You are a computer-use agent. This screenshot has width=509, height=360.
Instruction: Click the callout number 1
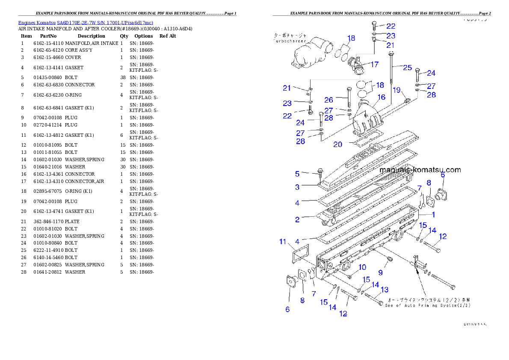(433, 215)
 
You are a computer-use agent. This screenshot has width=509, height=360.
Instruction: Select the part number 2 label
(297, 220)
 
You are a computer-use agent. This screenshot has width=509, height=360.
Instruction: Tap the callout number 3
(297, 187)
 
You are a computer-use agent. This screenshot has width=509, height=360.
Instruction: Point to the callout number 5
(297, 174)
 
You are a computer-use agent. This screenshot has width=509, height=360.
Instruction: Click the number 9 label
(380, 272)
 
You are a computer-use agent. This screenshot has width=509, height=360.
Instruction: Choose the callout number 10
(362, 267)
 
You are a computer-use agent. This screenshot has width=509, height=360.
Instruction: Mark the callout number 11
(283, 242)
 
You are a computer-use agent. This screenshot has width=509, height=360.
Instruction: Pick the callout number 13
(384, 290)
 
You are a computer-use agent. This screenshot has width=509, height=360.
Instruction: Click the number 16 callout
(381, 97)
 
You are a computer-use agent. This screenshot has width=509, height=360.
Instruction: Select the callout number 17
(374, 65)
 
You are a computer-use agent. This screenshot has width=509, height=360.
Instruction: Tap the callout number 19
(397, 90)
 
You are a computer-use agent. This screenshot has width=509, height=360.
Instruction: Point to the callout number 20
(338, 145)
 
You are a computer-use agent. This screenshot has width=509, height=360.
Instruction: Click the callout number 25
(407, 68)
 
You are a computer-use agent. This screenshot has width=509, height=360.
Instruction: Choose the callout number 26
(328, 100)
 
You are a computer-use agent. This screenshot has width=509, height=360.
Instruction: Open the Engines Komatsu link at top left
(86, 23)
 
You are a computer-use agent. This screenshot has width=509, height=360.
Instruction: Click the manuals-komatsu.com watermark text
(420, 170)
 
